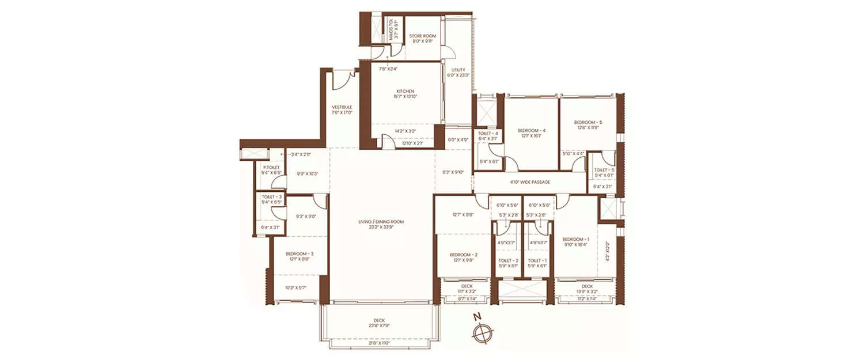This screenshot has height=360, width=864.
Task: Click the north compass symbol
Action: pos(482,332)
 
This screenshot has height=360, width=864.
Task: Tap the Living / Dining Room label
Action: pos(381,222)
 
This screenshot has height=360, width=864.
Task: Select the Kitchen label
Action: pos(405,91)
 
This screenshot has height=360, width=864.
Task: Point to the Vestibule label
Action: pos(342,107)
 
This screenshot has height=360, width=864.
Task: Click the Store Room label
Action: pos(423,36)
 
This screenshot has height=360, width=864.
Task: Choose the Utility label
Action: pos(458,70)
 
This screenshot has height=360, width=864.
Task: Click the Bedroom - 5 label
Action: pos(588,122)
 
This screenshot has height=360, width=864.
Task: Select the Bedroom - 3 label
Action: pos(299,253)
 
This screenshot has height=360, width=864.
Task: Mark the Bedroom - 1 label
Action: pos(576,239)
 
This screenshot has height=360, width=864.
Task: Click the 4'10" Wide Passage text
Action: pos(530,182)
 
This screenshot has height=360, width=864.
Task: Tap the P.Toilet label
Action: pos(271,167)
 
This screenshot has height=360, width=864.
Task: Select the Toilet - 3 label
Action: pos(271,196)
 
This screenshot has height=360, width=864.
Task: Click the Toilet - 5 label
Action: pos(604,170)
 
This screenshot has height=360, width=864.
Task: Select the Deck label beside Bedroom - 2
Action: pos(467,286)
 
